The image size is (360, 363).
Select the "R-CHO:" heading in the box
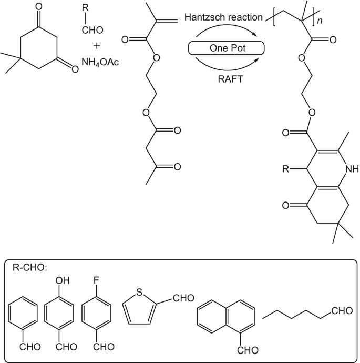click(x=29, y=268)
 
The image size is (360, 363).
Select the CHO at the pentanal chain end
click(x=342, y=312)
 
